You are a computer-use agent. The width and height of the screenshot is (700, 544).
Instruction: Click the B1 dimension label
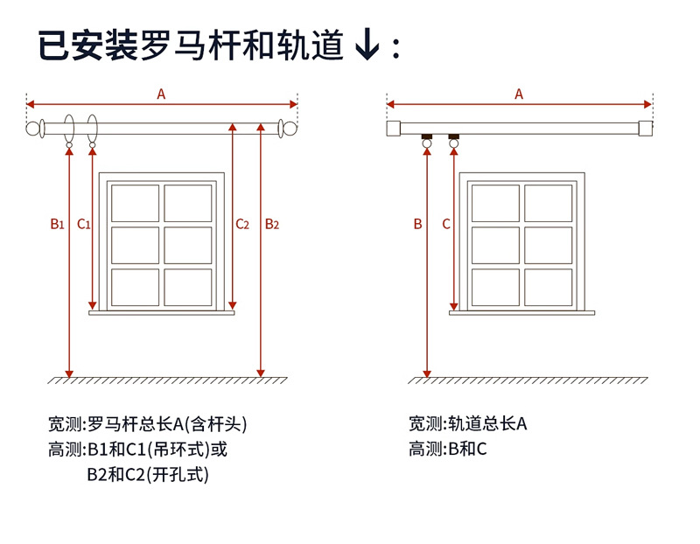point(57,224)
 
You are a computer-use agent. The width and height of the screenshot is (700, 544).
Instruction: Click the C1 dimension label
point(84,224)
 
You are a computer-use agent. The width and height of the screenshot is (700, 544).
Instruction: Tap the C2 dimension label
point(242,224)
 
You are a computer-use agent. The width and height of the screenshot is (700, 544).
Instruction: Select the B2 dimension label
point(271,224)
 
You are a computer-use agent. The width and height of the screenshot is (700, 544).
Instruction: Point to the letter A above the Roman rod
point(161,94)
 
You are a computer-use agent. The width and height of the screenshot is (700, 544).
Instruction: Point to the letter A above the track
point(519,94)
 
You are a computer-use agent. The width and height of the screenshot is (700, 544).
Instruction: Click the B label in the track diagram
point(417,224)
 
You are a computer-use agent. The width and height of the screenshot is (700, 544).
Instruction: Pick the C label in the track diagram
point(446,224)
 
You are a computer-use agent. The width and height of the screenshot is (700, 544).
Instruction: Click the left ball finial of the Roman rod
point(34,129)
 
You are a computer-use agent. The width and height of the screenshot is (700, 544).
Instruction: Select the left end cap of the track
point(393,129)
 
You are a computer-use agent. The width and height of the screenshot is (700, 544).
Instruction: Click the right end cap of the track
point(646,129)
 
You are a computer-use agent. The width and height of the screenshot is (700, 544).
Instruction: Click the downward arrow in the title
point(367,46)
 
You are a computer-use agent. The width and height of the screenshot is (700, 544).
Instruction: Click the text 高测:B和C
point(447,450)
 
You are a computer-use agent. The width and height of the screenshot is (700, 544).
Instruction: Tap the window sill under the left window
point(162,310)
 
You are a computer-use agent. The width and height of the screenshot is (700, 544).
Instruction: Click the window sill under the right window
point(522,310)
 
